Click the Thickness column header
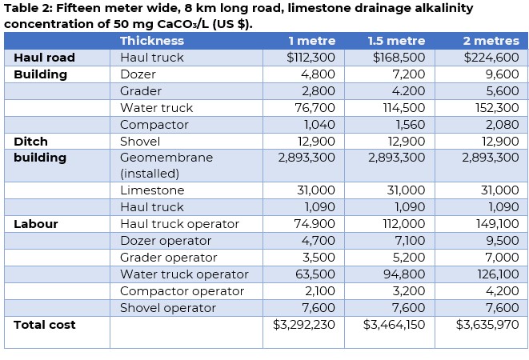click(x=152, y=41)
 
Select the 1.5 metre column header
click(x=396, y=41)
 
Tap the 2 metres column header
click(x=491, y=41)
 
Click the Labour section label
click(x=35, y=224)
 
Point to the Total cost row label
click(x=45, y=325)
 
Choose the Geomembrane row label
click(x=166, y=158)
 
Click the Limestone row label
click(x=152, y=190)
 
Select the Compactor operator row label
click(x=182, y=291)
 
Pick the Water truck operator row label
click(x=184, y=274)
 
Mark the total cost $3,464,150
click(x=394, y=325)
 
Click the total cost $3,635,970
click(x=487, y=325)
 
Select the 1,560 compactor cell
click(x=409, y=125)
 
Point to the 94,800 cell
click(x=406, y=274)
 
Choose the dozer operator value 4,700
click(x=319, y=241)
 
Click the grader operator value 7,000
click(x=502, y=258)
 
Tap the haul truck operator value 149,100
click(x=496, y=224)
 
